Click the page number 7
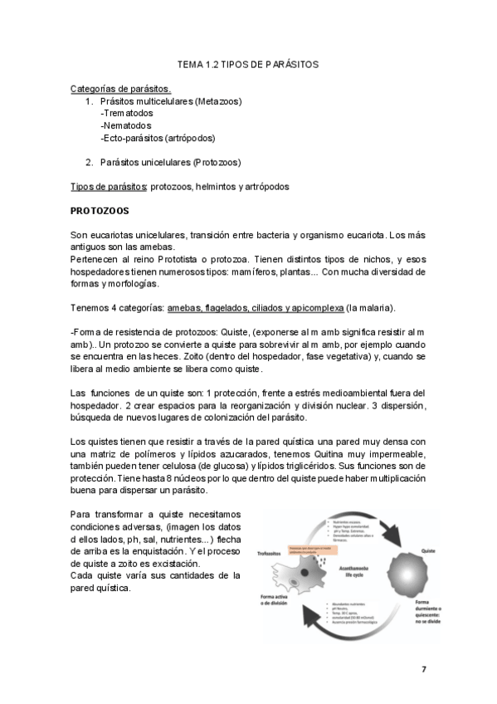[423, 668]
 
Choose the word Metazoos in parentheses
[218, 101]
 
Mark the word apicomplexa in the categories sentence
[316, 308]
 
